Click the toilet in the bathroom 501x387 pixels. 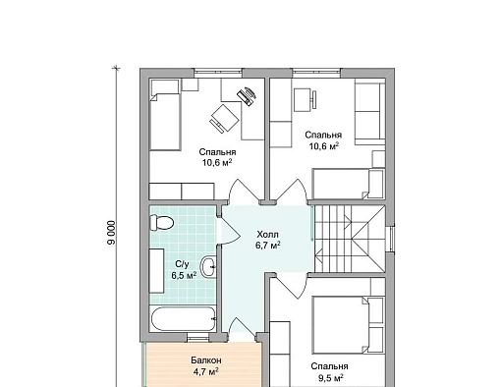[x=161, y=223]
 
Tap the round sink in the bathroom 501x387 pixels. [x=208, y=267]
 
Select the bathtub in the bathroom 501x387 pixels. [x=183, y=319]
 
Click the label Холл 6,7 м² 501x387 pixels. [x=268, y=240]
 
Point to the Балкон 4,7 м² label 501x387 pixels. [x=206, y=366]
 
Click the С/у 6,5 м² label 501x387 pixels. [x=184, y=270]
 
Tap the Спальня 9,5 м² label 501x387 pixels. [x=330, y=372]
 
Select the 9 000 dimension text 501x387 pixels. [x=111, y=233]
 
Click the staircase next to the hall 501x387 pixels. [x=350, y=239]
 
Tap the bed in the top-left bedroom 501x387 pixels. [x=165, y=115]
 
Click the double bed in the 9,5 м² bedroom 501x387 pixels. [x=348, y=325]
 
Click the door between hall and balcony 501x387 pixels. [x=242, y=327]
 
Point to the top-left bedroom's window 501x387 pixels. [x=218, y=73]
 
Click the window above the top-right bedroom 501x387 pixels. [x=316, y=73]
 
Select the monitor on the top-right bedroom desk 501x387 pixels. [x=314, y=99]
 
